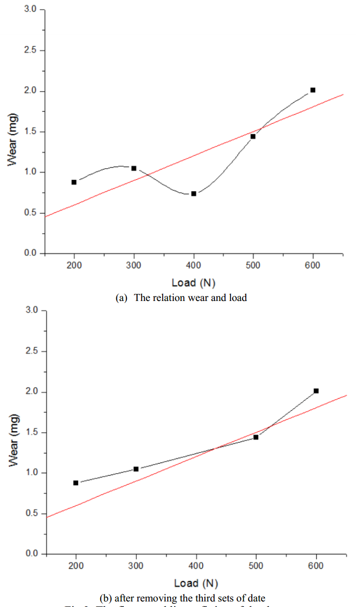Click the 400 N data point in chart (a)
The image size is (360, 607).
point(193,193)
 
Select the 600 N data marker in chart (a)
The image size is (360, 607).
point(313,90)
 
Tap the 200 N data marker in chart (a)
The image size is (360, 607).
point(74,182)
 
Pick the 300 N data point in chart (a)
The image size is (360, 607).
point(134,168)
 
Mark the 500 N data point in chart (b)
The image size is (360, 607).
point(256,437)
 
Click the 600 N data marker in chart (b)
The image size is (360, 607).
point(316,391)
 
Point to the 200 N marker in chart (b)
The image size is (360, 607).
point(76,483)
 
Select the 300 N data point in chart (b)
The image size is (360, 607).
point(136,469)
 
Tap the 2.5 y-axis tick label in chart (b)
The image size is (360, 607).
point(31,351)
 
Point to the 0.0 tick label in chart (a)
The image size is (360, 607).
point(31,253)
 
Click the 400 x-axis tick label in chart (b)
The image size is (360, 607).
point(196,566)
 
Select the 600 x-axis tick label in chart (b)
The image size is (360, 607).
point(316,566)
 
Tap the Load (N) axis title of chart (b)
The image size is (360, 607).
point(196,583)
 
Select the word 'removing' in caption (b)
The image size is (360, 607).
point(161,598)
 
